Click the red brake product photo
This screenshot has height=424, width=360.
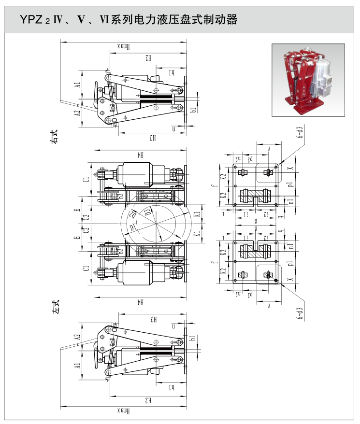tap(308, 80)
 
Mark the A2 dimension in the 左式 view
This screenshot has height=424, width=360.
tap(77, 337)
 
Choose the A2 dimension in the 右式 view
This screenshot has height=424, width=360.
tap(77, 114)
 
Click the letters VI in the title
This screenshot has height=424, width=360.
tap(104, 20)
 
